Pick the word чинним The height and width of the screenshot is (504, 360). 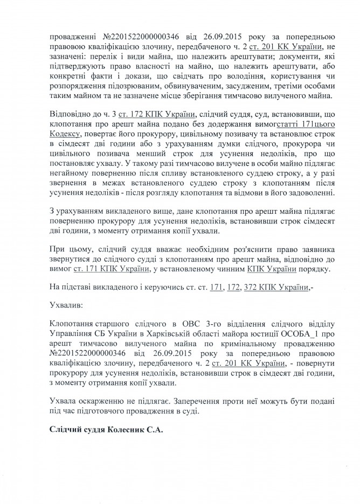224,270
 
